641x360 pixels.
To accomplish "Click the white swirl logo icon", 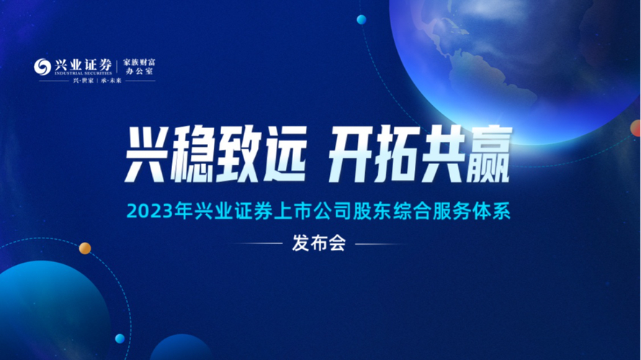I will [42, 66].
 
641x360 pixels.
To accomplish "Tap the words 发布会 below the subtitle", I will [319, 243].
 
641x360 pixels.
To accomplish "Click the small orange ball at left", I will [85, 248].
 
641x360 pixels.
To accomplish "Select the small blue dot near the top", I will [362, 19].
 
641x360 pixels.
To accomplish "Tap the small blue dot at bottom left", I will [120, 338].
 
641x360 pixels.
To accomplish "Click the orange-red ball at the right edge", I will [636, 128].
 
